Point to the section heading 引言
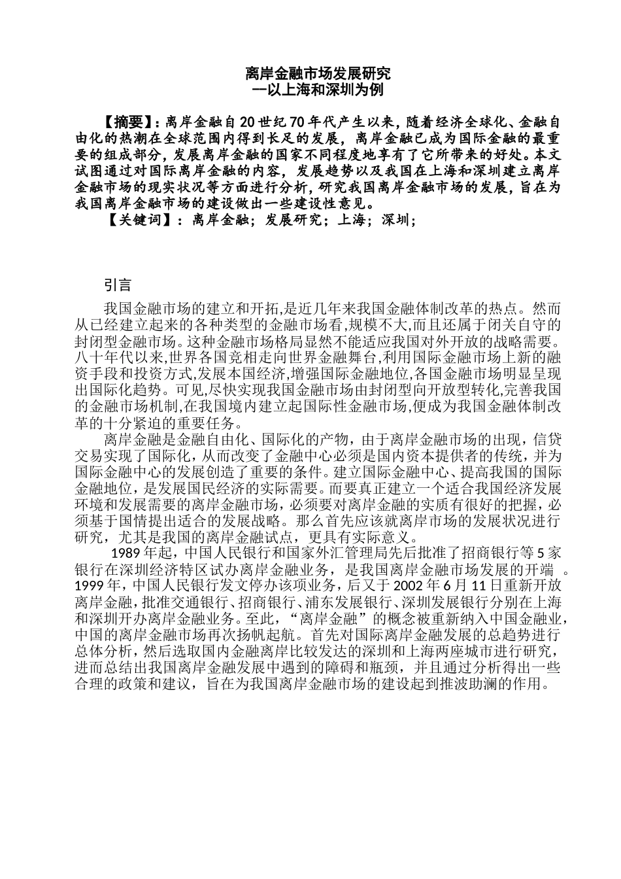click(118, 285)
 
